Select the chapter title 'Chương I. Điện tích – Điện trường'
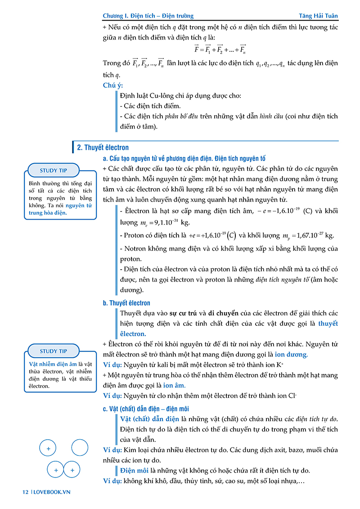click(x=148, y=16)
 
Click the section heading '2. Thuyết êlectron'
click(x=103, y=147)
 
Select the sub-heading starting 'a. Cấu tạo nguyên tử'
click(x=184, y=158)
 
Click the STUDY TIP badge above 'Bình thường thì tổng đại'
click(x=54, y=171)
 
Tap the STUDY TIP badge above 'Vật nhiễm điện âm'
click(x=54, y=351)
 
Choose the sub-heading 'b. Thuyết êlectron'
click(x=126, y=303)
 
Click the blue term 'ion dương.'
click(x=292, y=355)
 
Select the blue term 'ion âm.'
click(x=174, y=386)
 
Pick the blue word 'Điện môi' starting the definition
click(x=135, y=471)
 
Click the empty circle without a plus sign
click(x=80, y=448)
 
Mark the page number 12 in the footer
click(x=26, y=492)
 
